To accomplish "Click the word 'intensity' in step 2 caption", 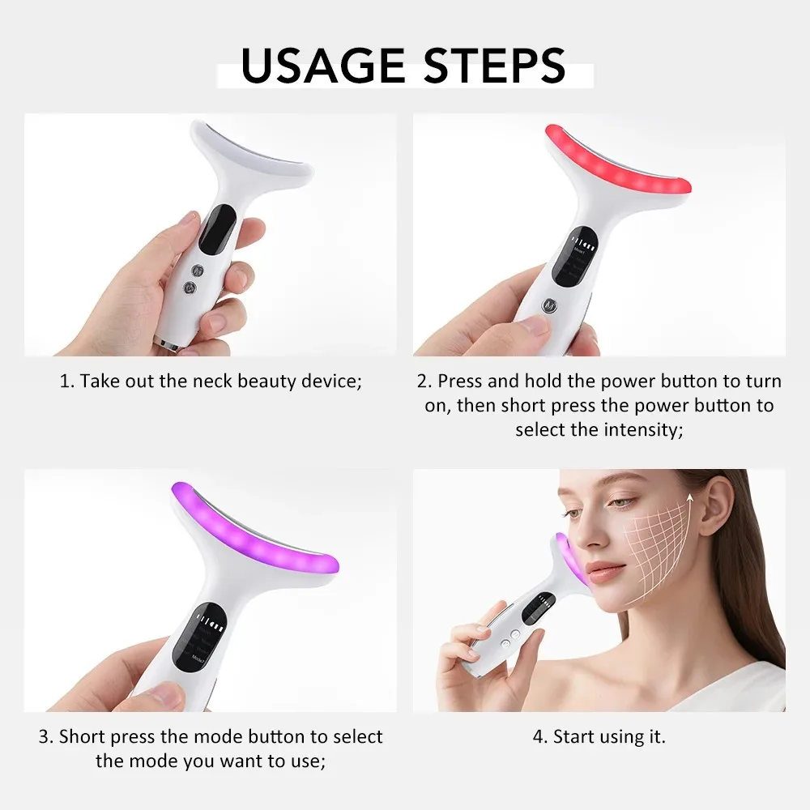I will [x=642, y=429].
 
